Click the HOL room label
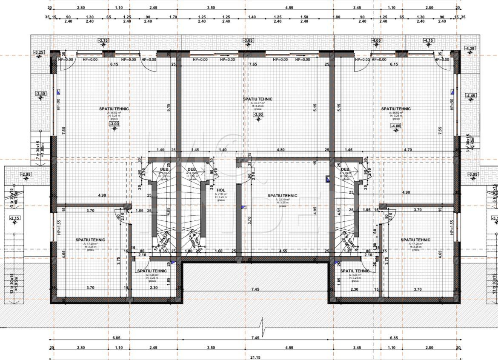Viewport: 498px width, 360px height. pos(221,191)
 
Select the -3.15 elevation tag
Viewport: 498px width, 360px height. pos(103,40)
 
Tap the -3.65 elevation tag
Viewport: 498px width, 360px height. pos(248,40)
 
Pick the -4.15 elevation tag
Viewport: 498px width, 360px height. pos(429,40)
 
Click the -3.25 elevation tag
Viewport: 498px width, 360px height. pos(39,52)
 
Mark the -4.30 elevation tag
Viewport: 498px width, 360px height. pos(470,49)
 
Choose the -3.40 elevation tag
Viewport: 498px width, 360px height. pos(40,94)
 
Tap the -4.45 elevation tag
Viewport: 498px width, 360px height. pos(471,96)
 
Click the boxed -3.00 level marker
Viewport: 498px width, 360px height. pos(114,124)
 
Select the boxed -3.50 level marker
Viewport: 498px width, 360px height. pos(258,114)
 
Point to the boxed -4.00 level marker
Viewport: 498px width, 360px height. pos(396,126)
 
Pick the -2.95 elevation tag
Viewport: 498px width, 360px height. pos(26,174)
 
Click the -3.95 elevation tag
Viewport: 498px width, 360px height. pos(473,174)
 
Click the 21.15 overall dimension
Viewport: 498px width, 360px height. pos(255,357)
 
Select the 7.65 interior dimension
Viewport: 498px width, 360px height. pos(253,64)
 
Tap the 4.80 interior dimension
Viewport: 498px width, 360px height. pos(280,150)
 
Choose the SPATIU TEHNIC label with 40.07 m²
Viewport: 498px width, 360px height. pos(258,99)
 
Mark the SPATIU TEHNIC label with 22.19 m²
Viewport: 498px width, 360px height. pos(283,196)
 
